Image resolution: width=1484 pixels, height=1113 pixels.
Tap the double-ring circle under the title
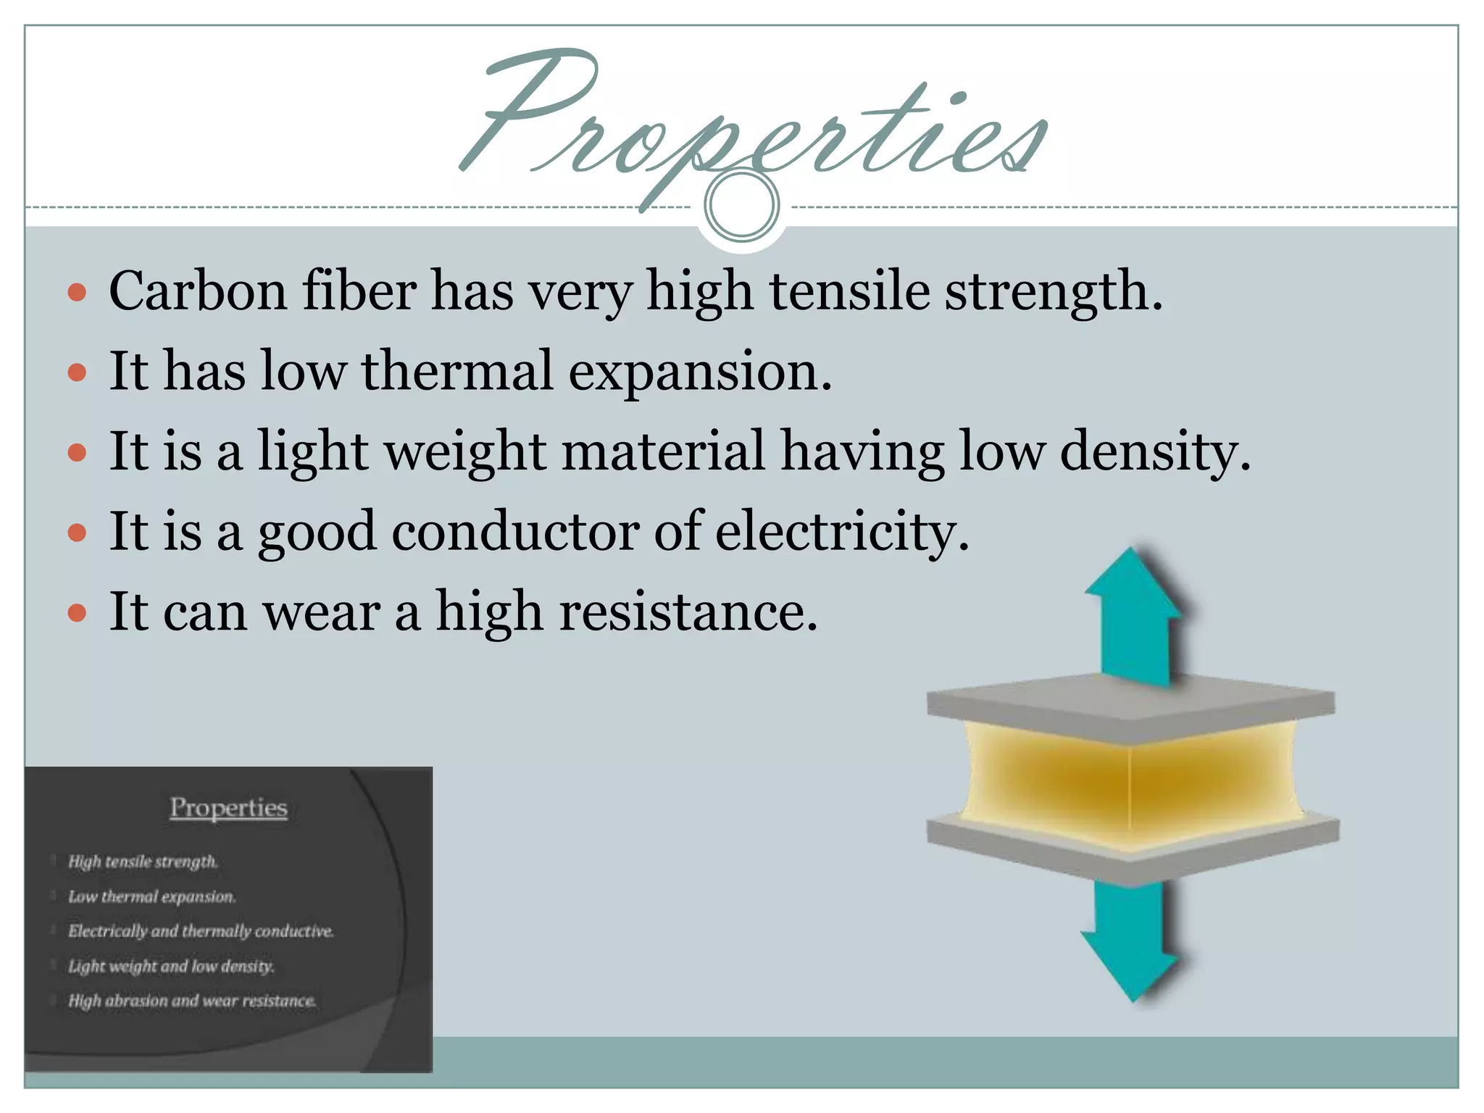(x=741, y=206)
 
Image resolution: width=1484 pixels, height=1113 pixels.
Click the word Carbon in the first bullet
(x=197, y=291)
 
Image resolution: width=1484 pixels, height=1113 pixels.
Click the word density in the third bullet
(x=1155, y=451)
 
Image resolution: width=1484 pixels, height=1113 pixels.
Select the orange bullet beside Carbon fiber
(x=77, y=293)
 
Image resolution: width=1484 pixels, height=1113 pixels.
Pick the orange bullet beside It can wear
(x=77, y=614)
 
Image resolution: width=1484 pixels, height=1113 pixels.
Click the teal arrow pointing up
(x=1134, y=616)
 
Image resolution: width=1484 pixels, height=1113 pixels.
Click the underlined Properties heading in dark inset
(x=228, y=807)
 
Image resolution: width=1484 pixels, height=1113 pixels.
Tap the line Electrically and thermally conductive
(x=201, y=931)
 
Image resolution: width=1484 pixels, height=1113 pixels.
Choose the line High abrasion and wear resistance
(x=192, y=1001)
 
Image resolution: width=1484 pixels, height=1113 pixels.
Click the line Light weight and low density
(x=171, y=966)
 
